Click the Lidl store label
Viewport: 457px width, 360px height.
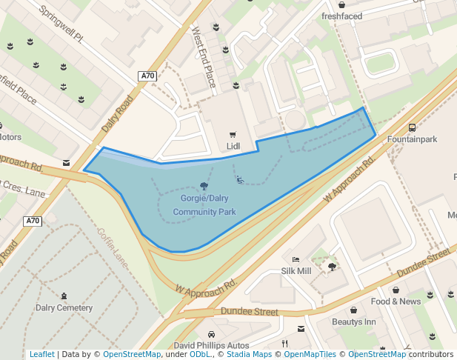coord(233,146)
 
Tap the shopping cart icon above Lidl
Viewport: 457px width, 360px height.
coord(233,134)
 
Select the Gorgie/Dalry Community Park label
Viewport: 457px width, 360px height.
coord(204,205)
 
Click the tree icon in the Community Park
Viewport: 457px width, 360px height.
coord(204,186)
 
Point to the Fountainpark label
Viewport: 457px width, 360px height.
coord(413,139)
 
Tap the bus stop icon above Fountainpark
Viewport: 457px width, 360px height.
coord(412,127)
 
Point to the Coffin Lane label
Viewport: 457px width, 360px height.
coord(112,243)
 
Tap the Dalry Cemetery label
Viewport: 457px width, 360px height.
coord(64,307)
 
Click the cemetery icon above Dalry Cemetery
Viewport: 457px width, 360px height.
coord(64,296)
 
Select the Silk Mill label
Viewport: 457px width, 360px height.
coord(296,271)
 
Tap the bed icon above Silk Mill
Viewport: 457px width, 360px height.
coord(296,260)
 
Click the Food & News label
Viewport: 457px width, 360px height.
coord(396,301)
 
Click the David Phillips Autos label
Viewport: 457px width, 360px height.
coord(211,345)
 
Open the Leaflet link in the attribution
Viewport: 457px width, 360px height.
coord(41,354)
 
